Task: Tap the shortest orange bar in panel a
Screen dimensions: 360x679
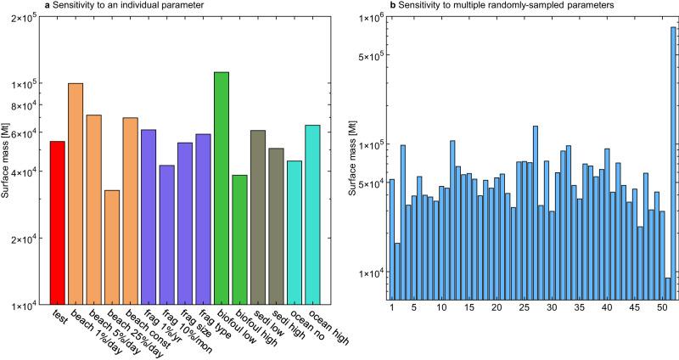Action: point(112,246)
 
